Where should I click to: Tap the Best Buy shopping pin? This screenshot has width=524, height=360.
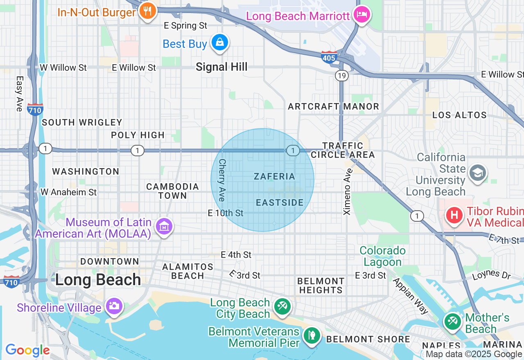pos(220,43)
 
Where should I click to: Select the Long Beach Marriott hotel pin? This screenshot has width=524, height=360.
pos(362,15)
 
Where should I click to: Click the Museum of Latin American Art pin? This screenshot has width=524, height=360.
pos(164,226)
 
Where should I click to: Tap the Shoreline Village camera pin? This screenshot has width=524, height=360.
pos(114,306)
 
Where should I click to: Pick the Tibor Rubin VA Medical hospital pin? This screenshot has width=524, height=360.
pos(454,215)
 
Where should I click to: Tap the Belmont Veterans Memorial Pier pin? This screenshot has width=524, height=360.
pos(312,335)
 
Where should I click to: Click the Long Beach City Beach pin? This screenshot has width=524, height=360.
pos(282,306)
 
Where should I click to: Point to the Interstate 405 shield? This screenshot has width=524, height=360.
pos(329,57)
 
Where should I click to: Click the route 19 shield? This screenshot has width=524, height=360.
pos(341,75)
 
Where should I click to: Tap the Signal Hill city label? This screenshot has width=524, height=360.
pos(221,67)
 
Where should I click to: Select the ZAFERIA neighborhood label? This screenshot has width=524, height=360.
pos(274,176)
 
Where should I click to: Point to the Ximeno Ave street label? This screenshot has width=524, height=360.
pos(348,191)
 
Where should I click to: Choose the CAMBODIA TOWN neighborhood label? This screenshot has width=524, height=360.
pos(173,191)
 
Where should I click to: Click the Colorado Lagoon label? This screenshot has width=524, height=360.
pos(383,256)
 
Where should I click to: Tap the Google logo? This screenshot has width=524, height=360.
pos(27,350)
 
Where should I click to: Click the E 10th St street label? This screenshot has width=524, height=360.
pos(226,213)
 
